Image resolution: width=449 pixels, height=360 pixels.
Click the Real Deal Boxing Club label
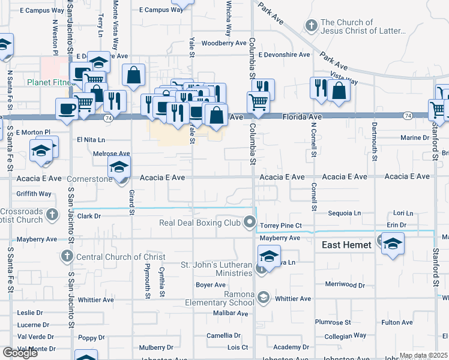click(199, 223)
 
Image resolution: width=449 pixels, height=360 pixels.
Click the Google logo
click(20, 353)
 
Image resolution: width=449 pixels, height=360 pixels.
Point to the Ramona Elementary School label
click(226, 298)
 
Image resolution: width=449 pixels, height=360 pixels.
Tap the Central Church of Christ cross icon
click(66, 257)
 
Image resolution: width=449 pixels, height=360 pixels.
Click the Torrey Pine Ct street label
click(288, 226)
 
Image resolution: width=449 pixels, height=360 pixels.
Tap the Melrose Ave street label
click(112, 154)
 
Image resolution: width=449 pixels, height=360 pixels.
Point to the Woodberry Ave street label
click(224, 43)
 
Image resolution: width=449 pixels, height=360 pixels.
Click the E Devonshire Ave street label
click(284, 55)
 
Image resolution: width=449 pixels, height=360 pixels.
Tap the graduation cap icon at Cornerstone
click(119, 167)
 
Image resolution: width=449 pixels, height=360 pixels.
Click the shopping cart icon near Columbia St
click(259, 103)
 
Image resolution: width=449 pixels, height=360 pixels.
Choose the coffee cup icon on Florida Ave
click(66, 109)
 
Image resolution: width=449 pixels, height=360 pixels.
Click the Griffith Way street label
click(34, 194)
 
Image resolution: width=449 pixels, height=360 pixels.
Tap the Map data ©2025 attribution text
click(423, 356)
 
